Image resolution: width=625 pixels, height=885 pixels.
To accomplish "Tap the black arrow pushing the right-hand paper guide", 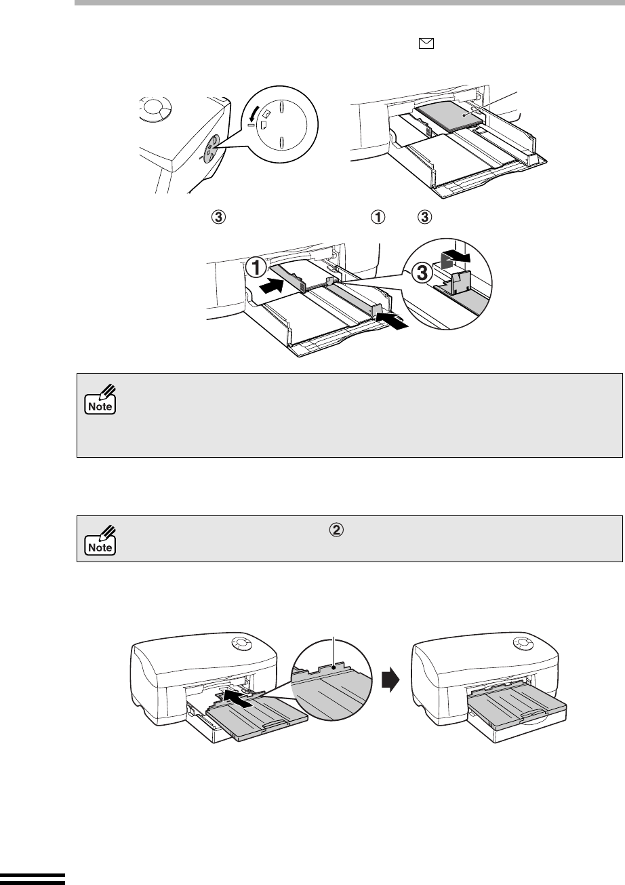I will click(392, 319).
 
